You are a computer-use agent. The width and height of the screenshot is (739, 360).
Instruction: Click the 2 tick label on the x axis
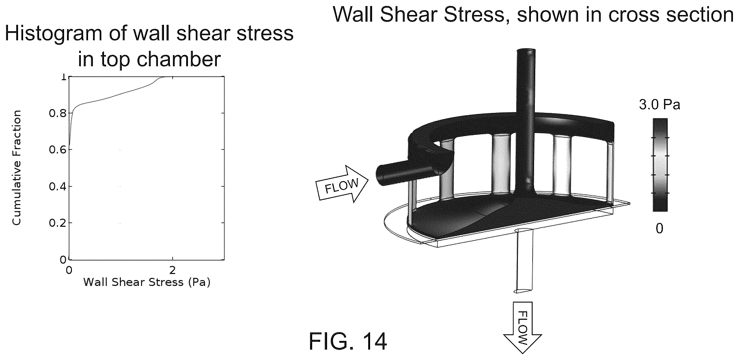pos(172,270)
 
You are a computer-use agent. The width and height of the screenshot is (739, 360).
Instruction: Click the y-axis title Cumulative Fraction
pos(16,167)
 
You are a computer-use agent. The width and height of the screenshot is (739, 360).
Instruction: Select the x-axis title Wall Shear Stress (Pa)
pos(147,282)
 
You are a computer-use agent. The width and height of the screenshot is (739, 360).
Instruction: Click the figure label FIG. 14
pos(348,342)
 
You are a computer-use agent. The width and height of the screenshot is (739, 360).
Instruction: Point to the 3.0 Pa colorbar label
pos(659,105)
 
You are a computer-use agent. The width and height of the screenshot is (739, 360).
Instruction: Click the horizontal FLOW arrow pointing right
pos(342,184)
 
